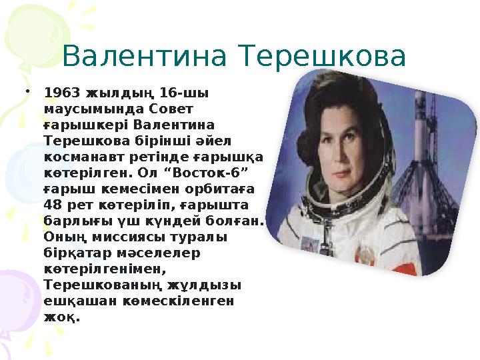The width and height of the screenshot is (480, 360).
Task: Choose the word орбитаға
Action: (225, 188)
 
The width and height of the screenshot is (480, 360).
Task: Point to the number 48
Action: (54, 204)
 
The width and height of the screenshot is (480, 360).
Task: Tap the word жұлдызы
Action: (207, 285)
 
